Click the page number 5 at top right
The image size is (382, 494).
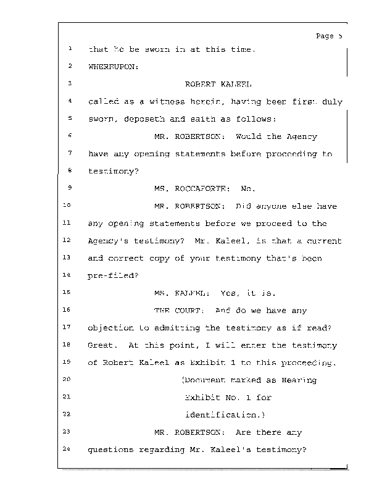(340, 36)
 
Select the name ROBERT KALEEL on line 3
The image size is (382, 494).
(209, 83)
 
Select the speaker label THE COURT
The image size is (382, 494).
(178, 311)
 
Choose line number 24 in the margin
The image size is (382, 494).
(69, 449)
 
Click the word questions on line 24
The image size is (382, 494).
(109, 450)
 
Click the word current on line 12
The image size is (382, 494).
(325, 241)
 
